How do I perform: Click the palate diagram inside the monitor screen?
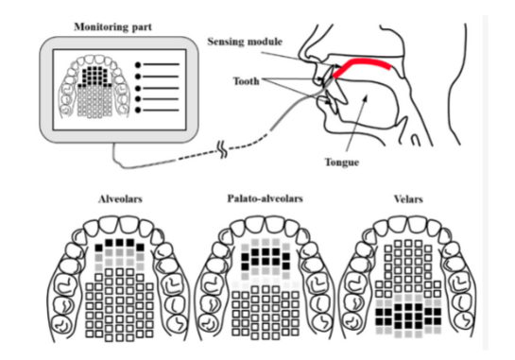(x=93, y=90)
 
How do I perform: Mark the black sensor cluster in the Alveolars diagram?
(x=117, y=249)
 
